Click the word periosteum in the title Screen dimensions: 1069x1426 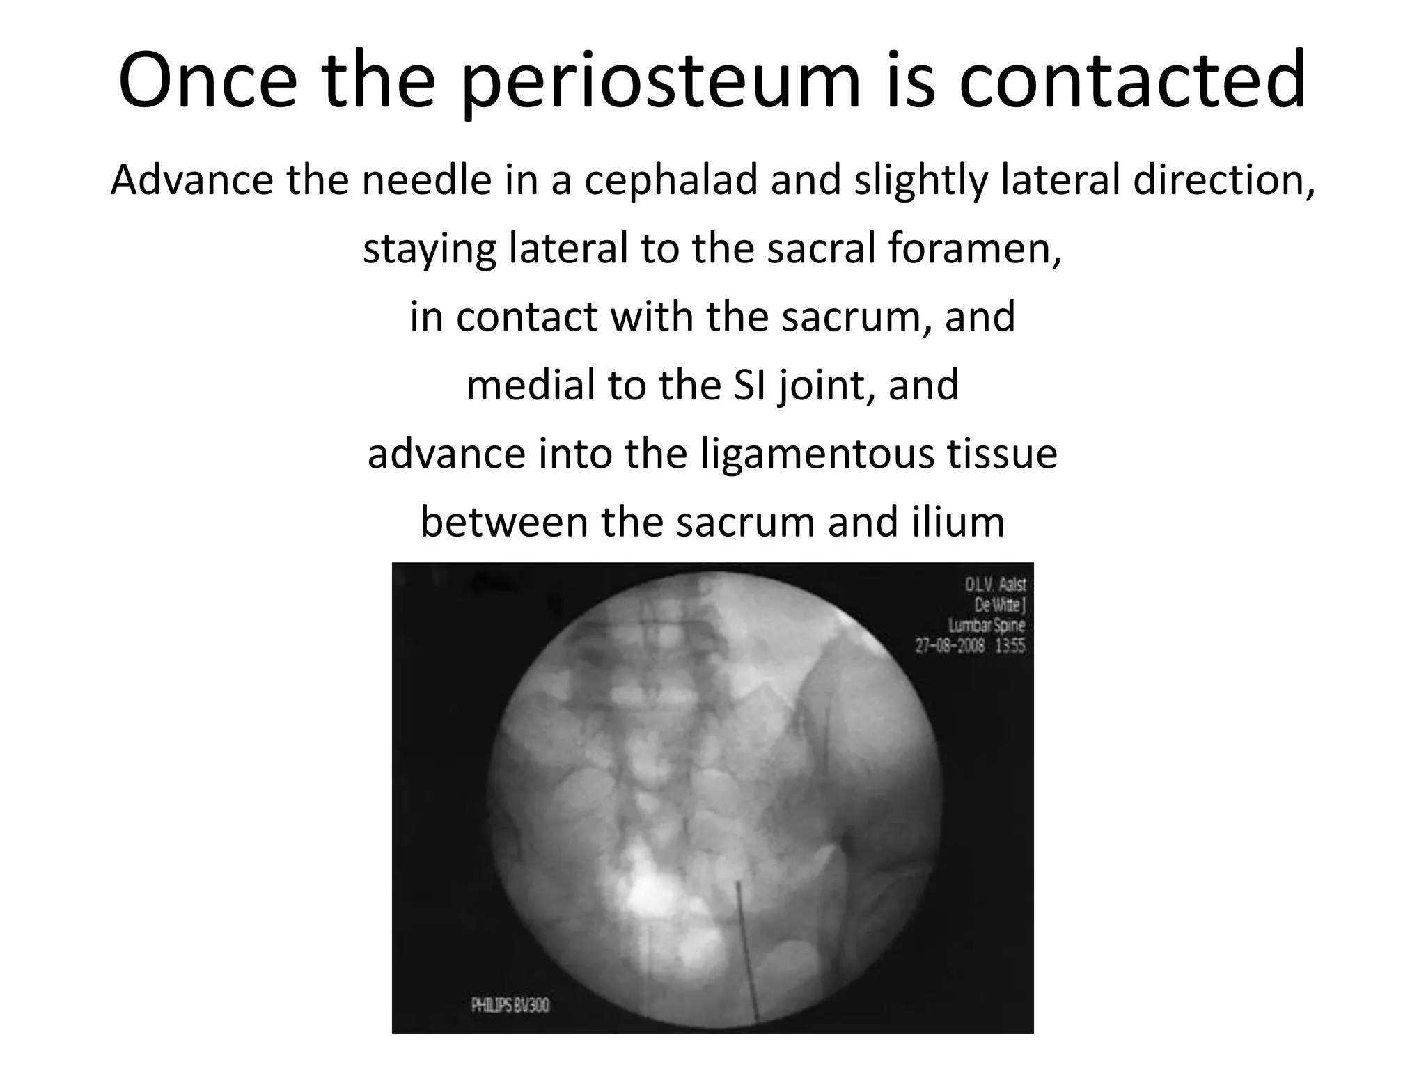pyautogui.click(x=660, y=81)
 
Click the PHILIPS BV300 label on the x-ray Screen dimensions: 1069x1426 pyautogui.click(x=510, y=1005)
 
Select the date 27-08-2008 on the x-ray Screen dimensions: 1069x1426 pyautogui.click(x=949, y=645)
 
